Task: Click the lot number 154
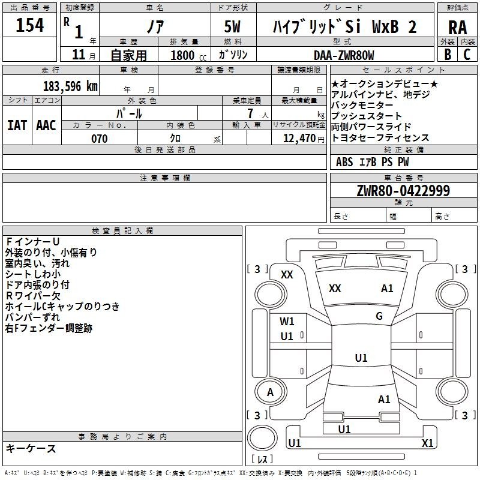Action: (29, 25)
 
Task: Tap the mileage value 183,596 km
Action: (70, 86)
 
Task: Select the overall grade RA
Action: (457, 28)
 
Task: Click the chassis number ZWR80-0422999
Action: (403, 190)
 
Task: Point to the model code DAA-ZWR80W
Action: (344, 55)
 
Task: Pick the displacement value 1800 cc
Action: (188, 55)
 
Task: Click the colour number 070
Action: (99, 139)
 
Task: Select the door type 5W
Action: (232, 26)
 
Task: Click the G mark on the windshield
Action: (379, 316)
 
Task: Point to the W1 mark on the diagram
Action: (287, 322)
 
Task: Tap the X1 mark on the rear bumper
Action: (427, 443)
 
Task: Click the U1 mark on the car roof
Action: (361, 358)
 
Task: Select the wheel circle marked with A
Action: (271, 392)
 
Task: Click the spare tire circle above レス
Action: (262, 438)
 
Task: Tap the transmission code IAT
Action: (17, 125)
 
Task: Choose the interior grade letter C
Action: (467, 55)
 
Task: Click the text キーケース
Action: (31, 448)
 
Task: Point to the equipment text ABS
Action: (344, 162)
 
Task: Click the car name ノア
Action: (155, 26)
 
